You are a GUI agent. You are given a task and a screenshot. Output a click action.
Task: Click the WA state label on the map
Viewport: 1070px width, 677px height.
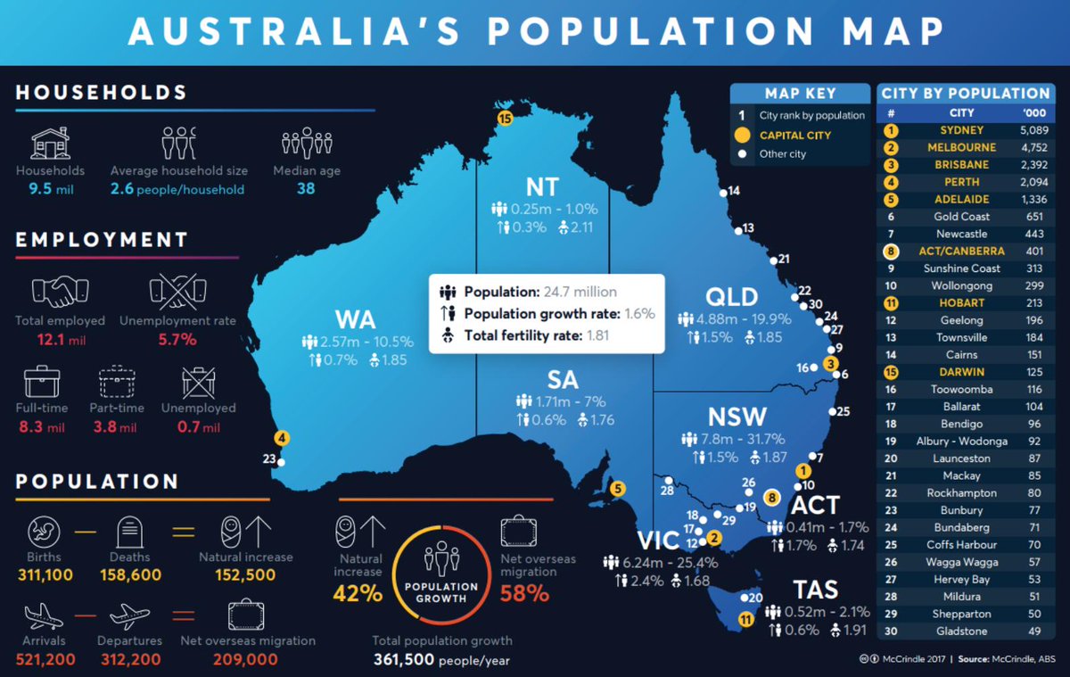(x=355, y=319)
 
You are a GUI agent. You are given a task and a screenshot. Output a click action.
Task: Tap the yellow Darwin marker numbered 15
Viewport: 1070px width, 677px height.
(x=505, y=118)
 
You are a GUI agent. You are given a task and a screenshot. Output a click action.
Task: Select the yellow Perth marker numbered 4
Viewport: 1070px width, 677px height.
(x=282, y=438)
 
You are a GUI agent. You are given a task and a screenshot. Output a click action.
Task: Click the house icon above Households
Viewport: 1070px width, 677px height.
(x=51, y=143)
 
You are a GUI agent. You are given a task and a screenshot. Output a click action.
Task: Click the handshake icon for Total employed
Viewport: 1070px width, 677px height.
(x=61, y=291)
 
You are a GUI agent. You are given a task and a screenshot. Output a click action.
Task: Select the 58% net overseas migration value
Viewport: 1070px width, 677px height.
(x=524, y=592)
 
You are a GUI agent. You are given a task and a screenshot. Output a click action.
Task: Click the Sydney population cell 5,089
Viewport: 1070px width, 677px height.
(x=1035, y=130)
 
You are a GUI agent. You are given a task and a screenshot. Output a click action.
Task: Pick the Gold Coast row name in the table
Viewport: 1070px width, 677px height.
(x=962, y=216)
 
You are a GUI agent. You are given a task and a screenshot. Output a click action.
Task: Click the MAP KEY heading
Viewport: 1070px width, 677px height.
(x=800, y=94)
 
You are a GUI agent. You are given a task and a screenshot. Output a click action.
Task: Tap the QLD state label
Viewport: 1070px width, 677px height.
(x=731, y=297)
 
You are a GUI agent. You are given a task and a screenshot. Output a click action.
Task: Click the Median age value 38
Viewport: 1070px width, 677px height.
(x=306, y=189)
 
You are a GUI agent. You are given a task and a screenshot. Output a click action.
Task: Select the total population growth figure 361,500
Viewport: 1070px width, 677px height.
(x=404, y=660)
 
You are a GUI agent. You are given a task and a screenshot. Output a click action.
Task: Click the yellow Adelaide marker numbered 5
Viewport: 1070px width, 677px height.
(x=618, y=488)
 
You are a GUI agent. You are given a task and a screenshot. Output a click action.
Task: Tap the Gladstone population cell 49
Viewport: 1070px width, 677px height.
(x=1035, y=631)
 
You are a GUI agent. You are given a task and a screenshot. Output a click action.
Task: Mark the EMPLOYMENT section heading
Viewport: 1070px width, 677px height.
(x=102, y=239)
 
